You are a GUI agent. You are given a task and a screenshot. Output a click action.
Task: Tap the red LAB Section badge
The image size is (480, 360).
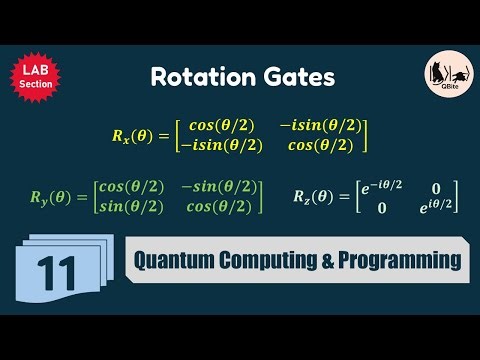(34, 77)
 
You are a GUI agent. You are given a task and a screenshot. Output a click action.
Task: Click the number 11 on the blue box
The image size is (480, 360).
(57, 270)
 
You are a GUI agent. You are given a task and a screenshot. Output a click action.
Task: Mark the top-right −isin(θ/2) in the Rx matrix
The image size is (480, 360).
(321, 126)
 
